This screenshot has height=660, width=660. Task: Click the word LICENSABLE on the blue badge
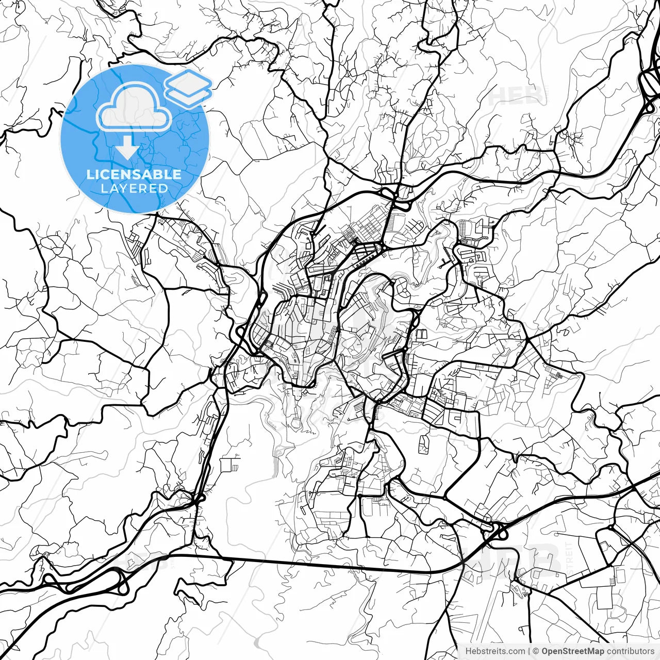coord(134,174)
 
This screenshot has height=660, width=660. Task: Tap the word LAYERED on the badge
coord(134,188)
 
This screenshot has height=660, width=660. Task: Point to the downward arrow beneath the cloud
coord(127,150)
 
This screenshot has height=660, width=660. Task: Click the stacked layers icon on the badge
coord(188,88)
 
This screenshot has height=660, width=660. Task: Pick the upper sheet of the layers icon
coord(188,82)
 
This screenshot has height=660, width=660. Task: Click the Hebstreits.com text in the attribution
coord(495,651)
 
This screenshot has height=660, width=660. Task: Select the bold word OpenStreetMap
coord(572,651)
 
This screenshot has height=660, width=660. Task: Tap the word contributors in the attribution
coord(630,651)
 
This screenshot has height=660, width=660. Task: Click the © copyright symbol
coord(536,651)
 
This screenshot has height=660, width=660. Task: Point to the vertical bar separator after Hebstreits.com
coord(530,651)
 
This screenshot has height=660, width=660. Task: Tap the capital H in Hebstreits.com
coord(468,651)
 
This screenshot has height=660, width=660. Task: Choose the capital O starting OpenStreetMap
coord(545,651)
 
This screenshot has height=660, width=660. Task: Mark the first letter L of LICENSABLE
coord(90,174)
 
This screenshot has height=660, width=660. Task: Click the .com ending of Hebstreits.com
coord(517,651)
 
